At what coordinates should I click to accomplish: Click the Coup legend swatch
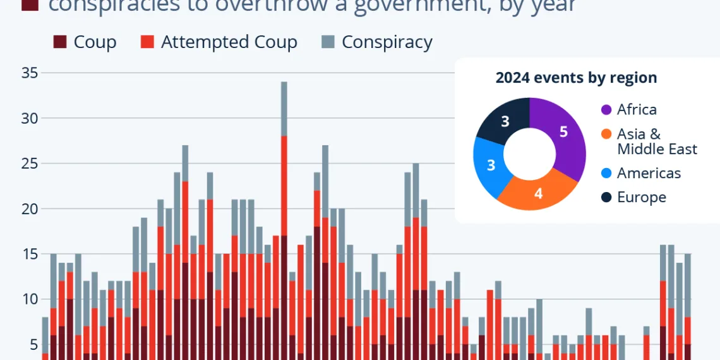60,42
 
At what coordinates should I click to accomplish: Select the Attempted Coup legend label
229,42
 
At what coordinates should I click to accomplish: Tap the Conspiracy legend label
387,42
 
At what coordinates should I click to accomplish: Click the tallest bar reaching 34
284,221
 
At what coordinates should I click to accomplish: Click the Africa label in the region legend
637,110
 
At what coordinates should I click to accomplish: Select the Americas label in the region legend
649,173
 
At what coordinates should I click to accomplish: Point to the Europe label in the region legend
641,197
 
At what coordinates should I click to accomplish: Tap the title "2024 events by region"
576,78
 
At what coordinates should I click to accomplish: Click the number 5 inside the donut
564,131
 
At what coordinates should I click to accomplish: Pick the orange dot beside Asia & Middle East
606,134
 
